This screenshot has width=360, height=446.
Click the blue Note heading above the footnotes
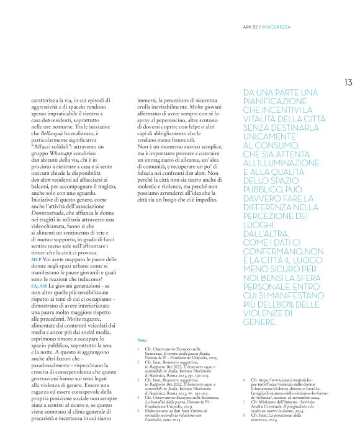142,341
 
